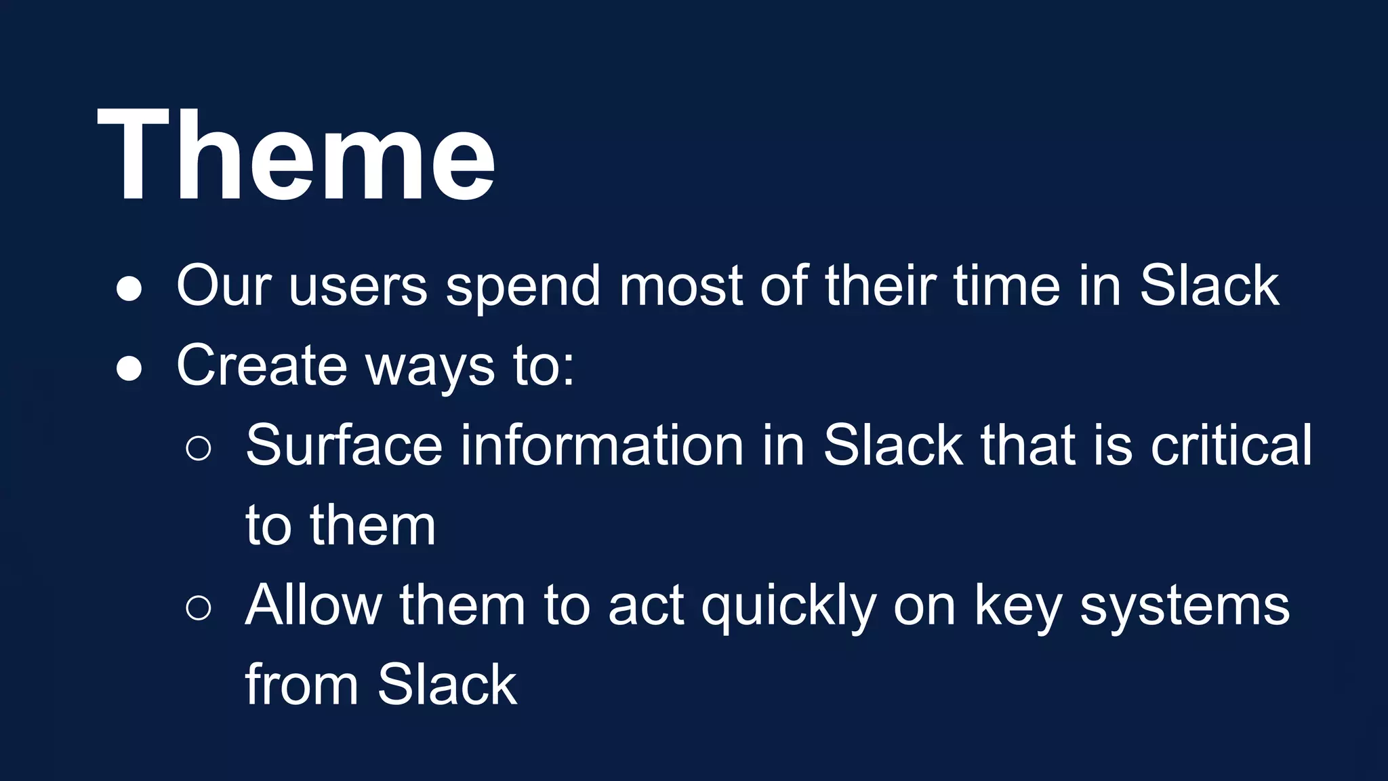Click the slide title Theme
tap(295, 156)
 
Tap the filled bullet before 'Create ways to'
tap(129, 369)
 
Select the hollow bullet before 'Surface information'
tap(199, 448)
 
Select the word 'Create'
tap(262, 366)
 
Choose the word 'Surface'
tap(344, 446)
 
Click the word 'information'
tap(603, 446)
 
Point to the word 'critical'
tap(1231, 446)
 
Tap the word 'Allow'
tap(313, 605)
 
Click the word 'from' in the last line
tap(302, 685)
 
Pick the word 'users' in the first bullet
tap(358, 287)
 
